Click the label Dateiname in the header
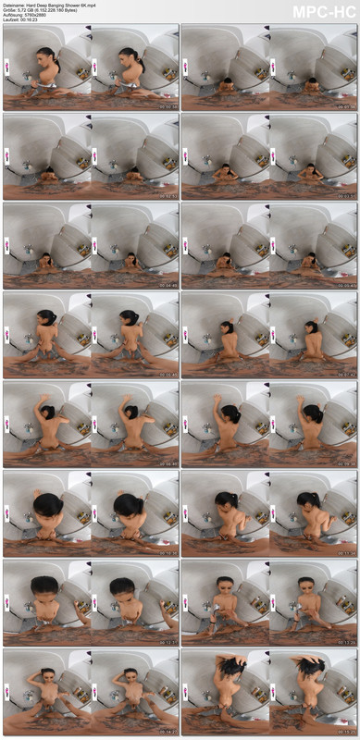tap(13, 5)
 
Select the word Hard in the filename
tap(33, 5)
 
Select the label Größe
tap(9, 10)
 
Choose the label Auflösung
tap(13, 16)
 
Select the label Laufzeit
tap(11, 21)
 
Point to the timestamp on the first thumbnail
tap(168, 106)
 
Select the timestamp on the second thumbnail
tap(346, 106)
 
